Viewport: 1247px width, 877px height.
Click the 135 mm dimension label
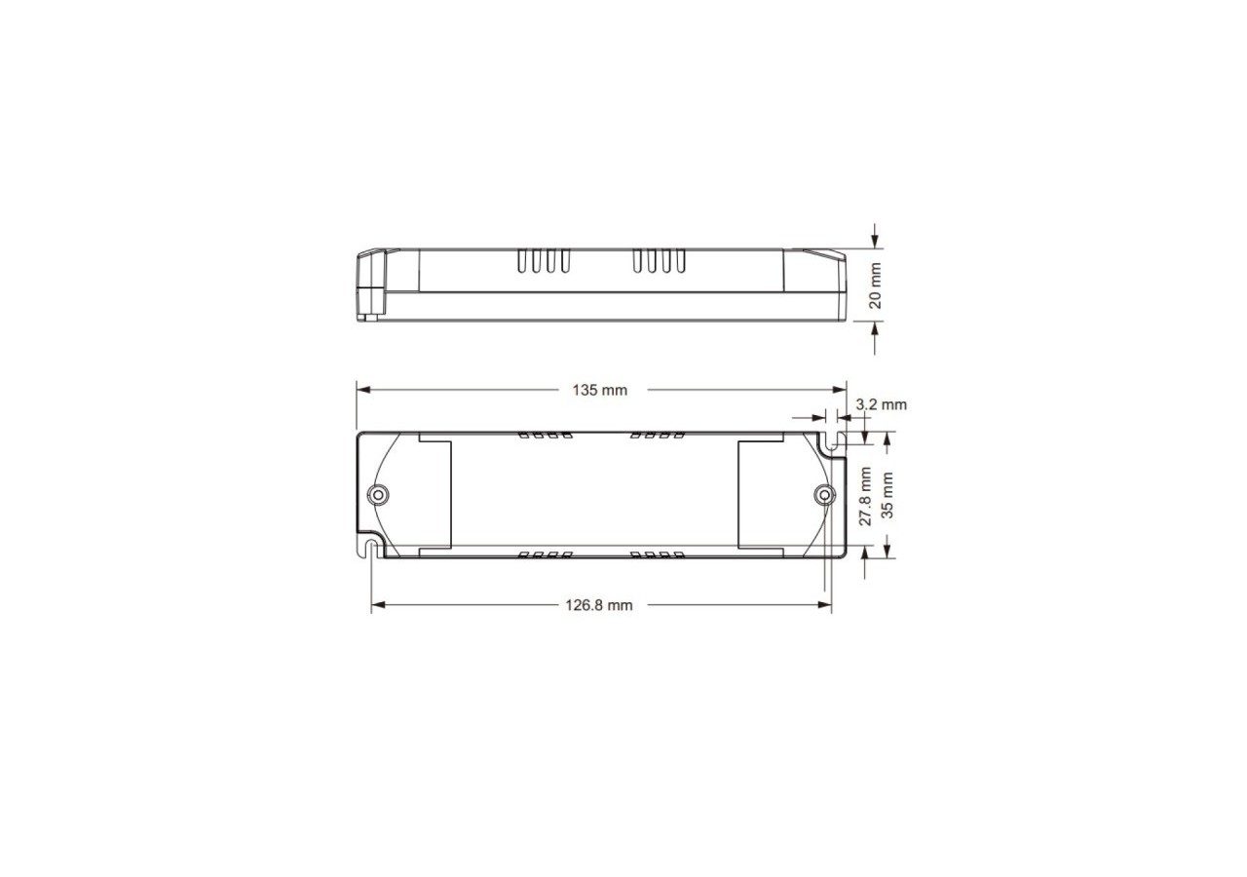[x=599, y=390]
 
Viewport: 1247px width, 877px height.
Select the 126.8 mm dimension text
[x=599, y=605]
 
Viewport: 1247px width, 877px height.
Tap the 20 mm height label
[x=875, y=286]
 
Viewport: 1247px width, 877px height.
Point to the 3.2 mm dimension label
[x=881, y=403]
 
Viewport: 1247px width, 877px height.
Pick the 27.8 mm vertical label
[x=864, y=496]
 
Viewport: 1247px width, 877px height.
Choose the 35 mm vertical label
[x=887, y=495]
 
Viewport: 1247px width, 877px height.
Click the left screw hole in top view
[x=378, y=494]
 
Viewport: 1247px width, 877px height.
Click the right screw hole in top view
[x=823, y=495]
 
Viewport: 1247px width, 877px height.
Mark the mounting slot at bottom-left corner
[x=371, y=545]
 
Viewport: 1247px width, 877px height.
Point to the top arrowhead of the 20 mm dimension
[x=875, y=242]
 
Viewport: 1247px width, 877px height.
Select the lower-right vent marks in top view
[x=660, y=555]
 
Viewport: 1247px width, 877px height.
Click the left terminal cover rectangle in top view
[x=435, y=494]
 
